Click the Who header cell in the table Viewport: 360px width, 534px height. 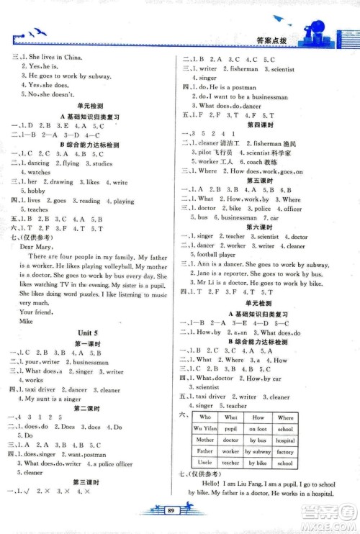(205, 417)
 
